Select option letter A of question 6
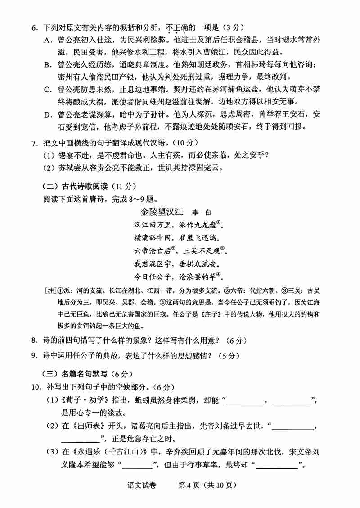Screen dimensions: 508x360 point(48,41)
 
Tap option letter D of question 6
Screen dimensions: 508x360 point(48,114)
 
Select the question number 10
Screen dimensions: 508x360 point(35,387)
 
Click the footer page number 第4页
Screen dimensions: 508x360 point(189,485)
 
